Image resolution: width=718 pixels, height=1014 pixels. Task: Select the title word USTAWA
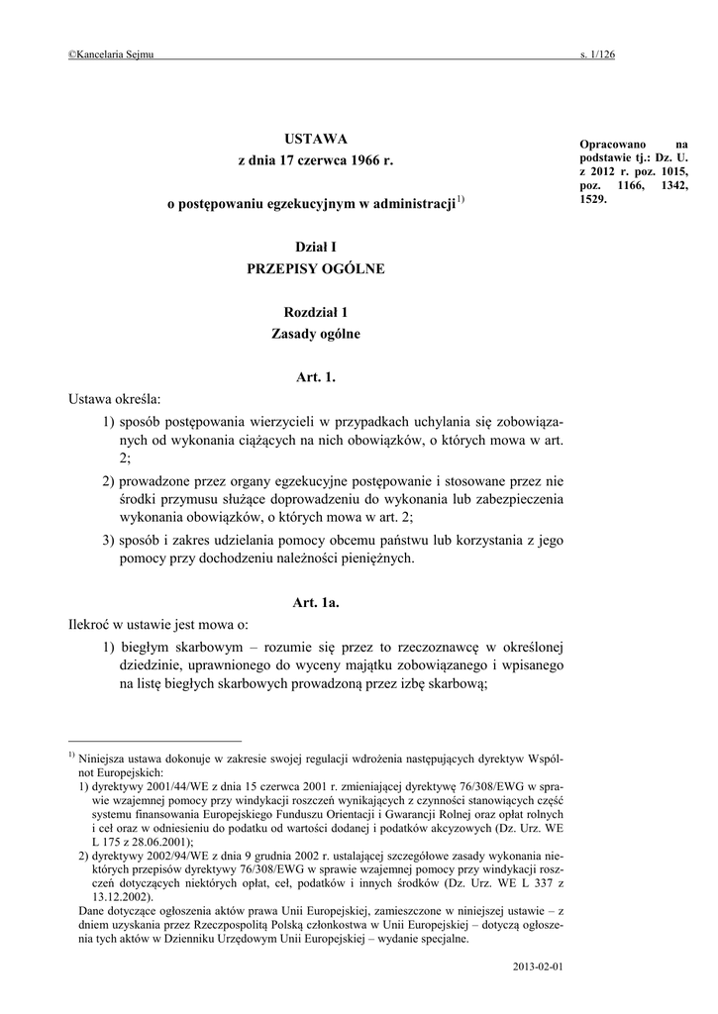coord(316,138)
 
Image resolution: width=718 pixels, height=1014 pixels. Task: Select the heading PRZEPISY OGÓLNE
coord(316,268)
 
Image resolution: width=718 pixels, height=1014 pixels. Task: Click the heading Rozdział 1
coord(316,312)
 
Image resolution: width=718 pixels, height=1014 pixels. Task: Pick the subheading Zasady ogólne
coord(316,334)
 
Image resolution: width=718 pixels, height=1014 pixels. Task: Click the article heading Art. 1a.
coord(316,602)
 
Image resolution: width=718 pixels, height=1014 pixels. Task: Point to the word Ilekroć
coord(91,625)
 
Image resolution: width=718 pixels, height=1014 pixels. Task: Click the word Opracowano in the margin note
coord(609,145)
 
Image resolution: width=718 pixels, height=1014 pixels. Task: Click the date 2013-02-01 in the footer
coord(539,963)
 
